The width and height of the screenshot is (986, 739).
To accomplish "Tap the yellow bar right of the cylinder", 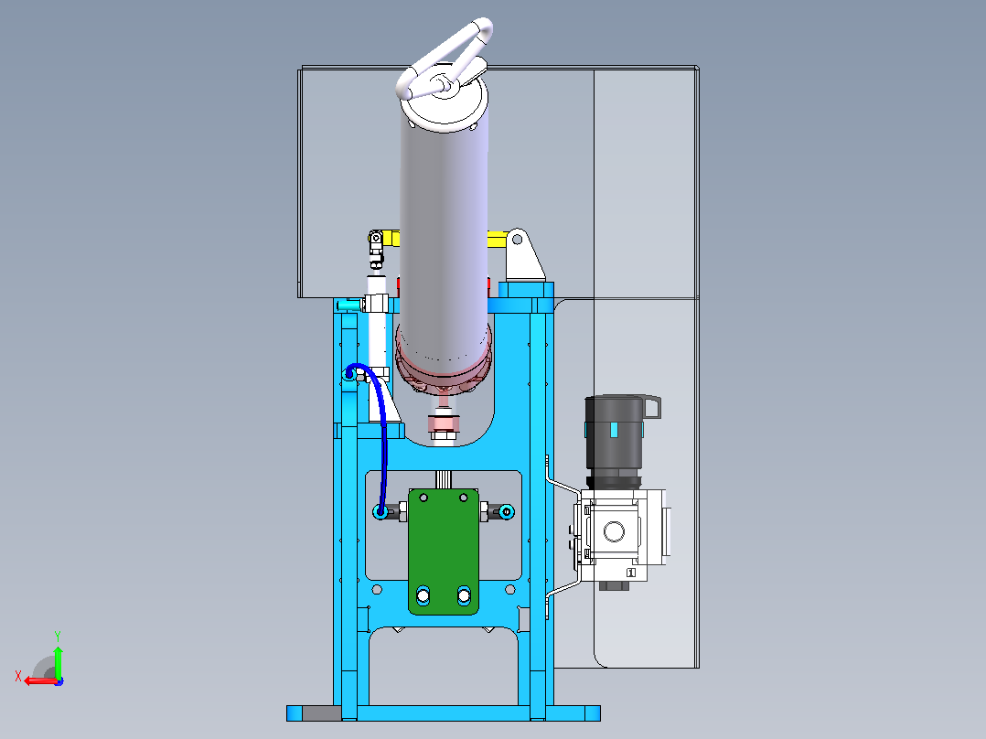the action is (x=498, y=239).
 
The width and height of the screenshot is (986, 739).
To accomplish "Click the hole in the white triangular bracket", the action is (x=518, y=240).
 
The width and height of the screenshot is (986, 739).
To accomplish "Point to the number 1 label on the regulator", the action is (x=631, y=573).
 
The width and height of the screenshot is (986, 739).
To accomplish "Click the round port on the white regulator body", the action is (x=615, y=532).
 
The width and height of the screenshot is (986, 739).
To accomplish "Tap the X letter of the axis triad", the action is (x=18, y=677).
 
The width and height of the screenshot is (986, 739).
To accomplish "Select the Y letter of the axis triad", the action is (x=58, y=636).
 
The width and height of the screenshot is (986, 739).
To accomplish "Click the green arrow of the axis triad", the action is (x=58, y=660).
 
